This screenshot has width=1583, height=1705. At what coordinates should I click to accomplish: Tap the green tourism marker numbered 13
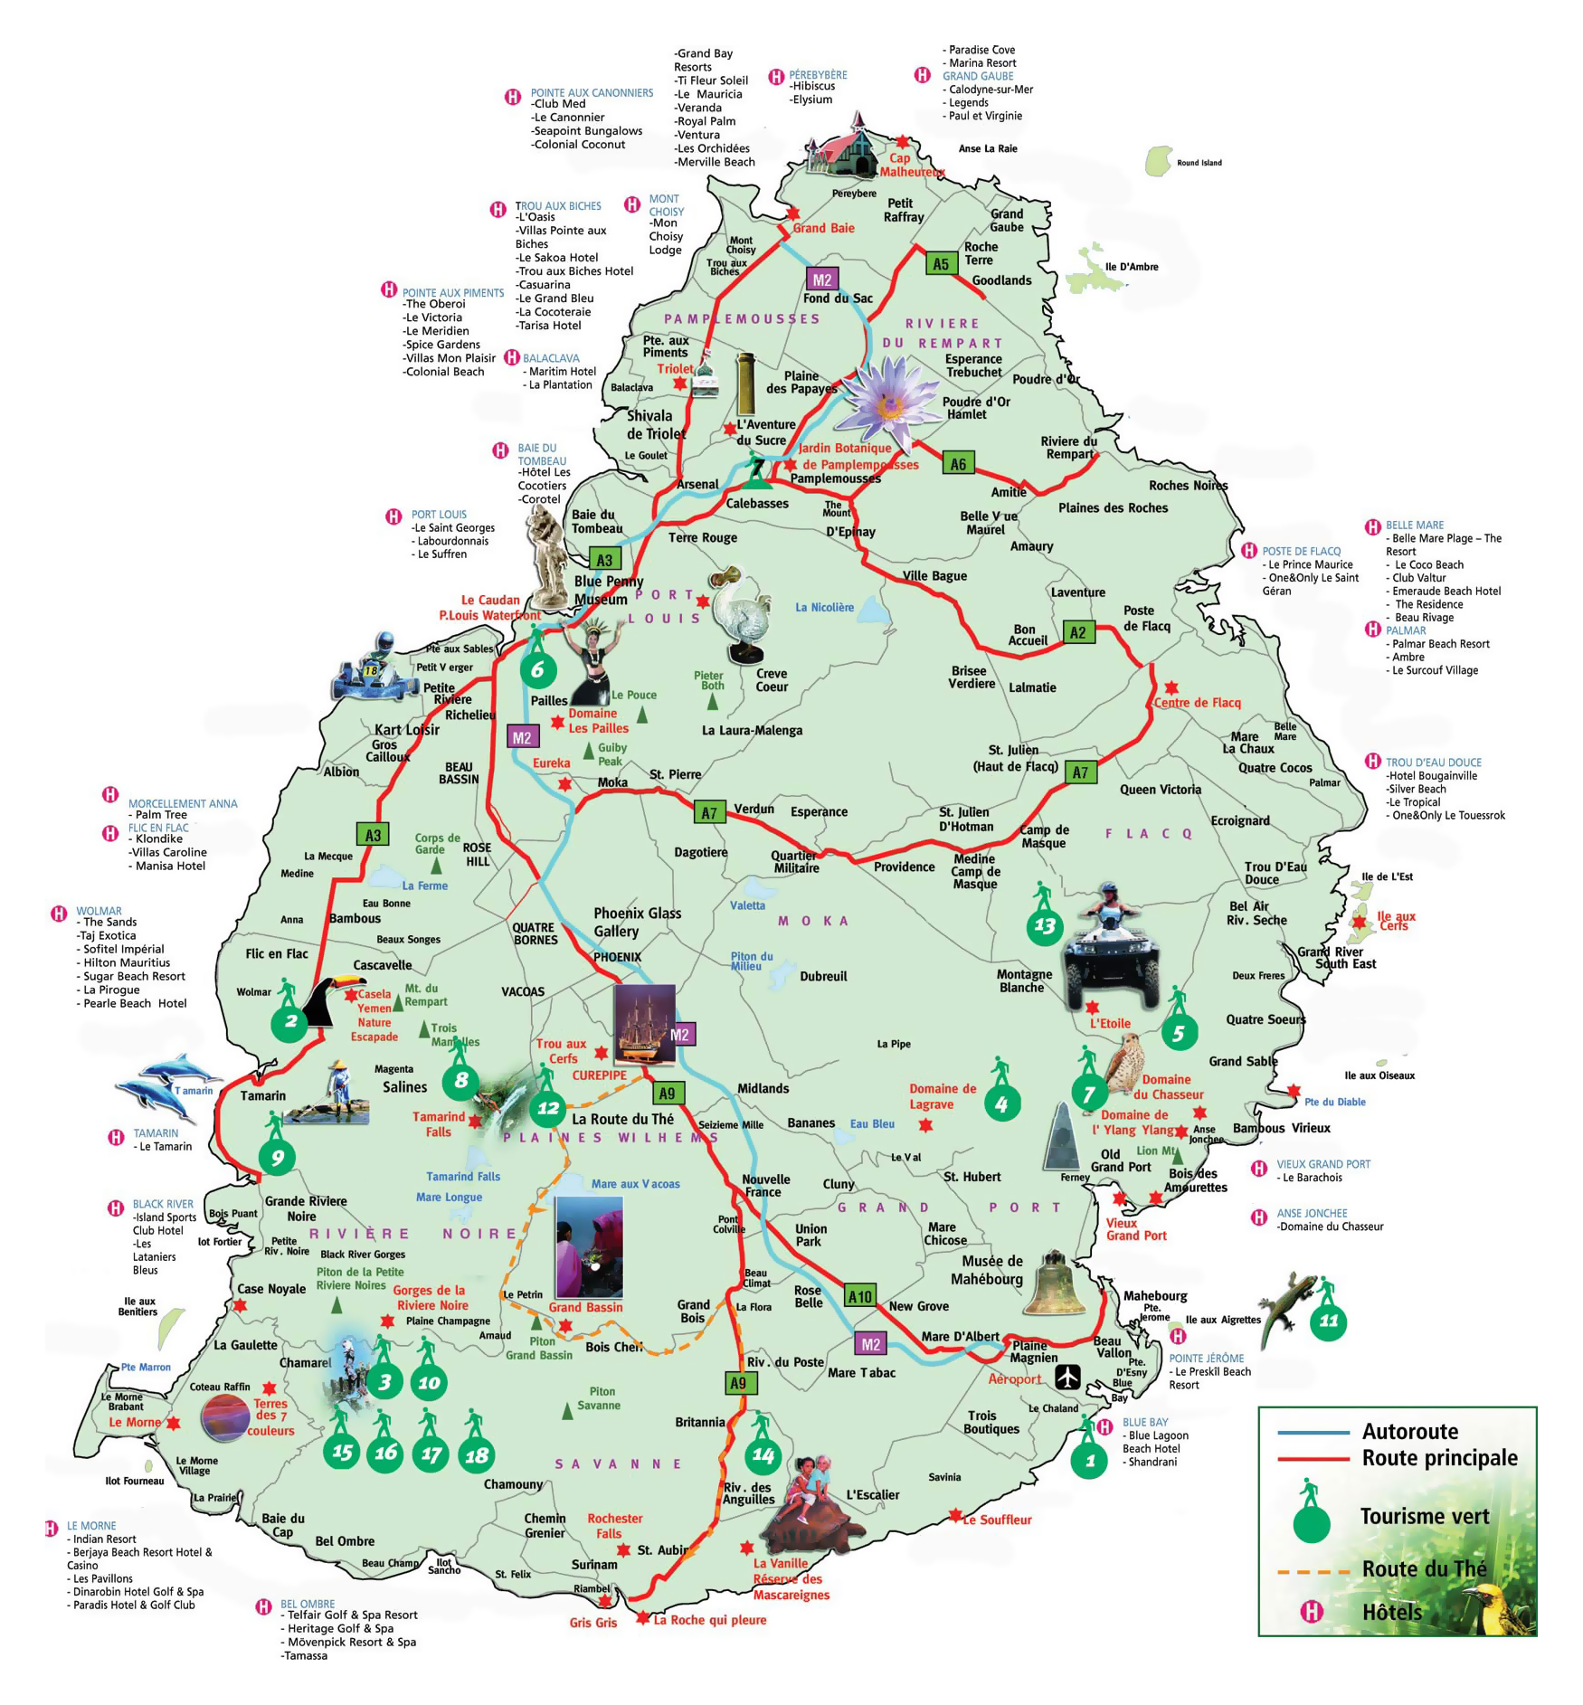[x=1044, y=925]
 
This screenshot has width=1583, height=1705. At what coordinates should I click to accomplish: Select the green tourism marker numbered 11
[x=1328, y=1321]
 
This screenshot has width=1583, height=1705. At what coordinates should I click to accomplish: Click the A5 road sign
[x=941, y=264]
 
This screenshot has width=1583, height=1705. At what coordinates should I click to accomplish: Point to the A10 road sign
[x=859, y=1296]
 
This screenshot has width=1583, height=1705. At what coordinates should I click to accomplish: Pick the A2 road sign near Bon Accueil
[x=1077, y=632]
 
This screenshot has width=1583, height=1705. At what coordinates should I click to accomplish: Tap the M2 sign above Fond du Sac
[x=821, y=279]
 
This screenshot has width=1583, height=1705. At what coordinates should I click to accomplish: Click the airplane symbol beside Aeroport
[x=1068, y=1378]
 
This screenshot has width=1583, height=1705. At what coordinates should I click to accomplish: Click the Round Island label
[x=1199, y=163]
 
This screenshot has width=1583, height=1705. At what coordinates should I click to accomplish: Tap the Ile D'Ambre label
[x=1131, y=267]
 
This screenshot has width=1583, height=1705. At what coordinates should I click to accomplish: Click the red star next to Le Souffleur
[x=955, y=1513]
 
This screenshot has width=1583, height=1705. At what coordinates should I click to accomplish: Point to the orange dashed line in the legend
[x=1313, y=1571]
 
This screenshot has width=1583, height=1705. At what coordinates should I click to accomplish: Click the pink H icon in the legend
[x=1311, y=1611]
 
